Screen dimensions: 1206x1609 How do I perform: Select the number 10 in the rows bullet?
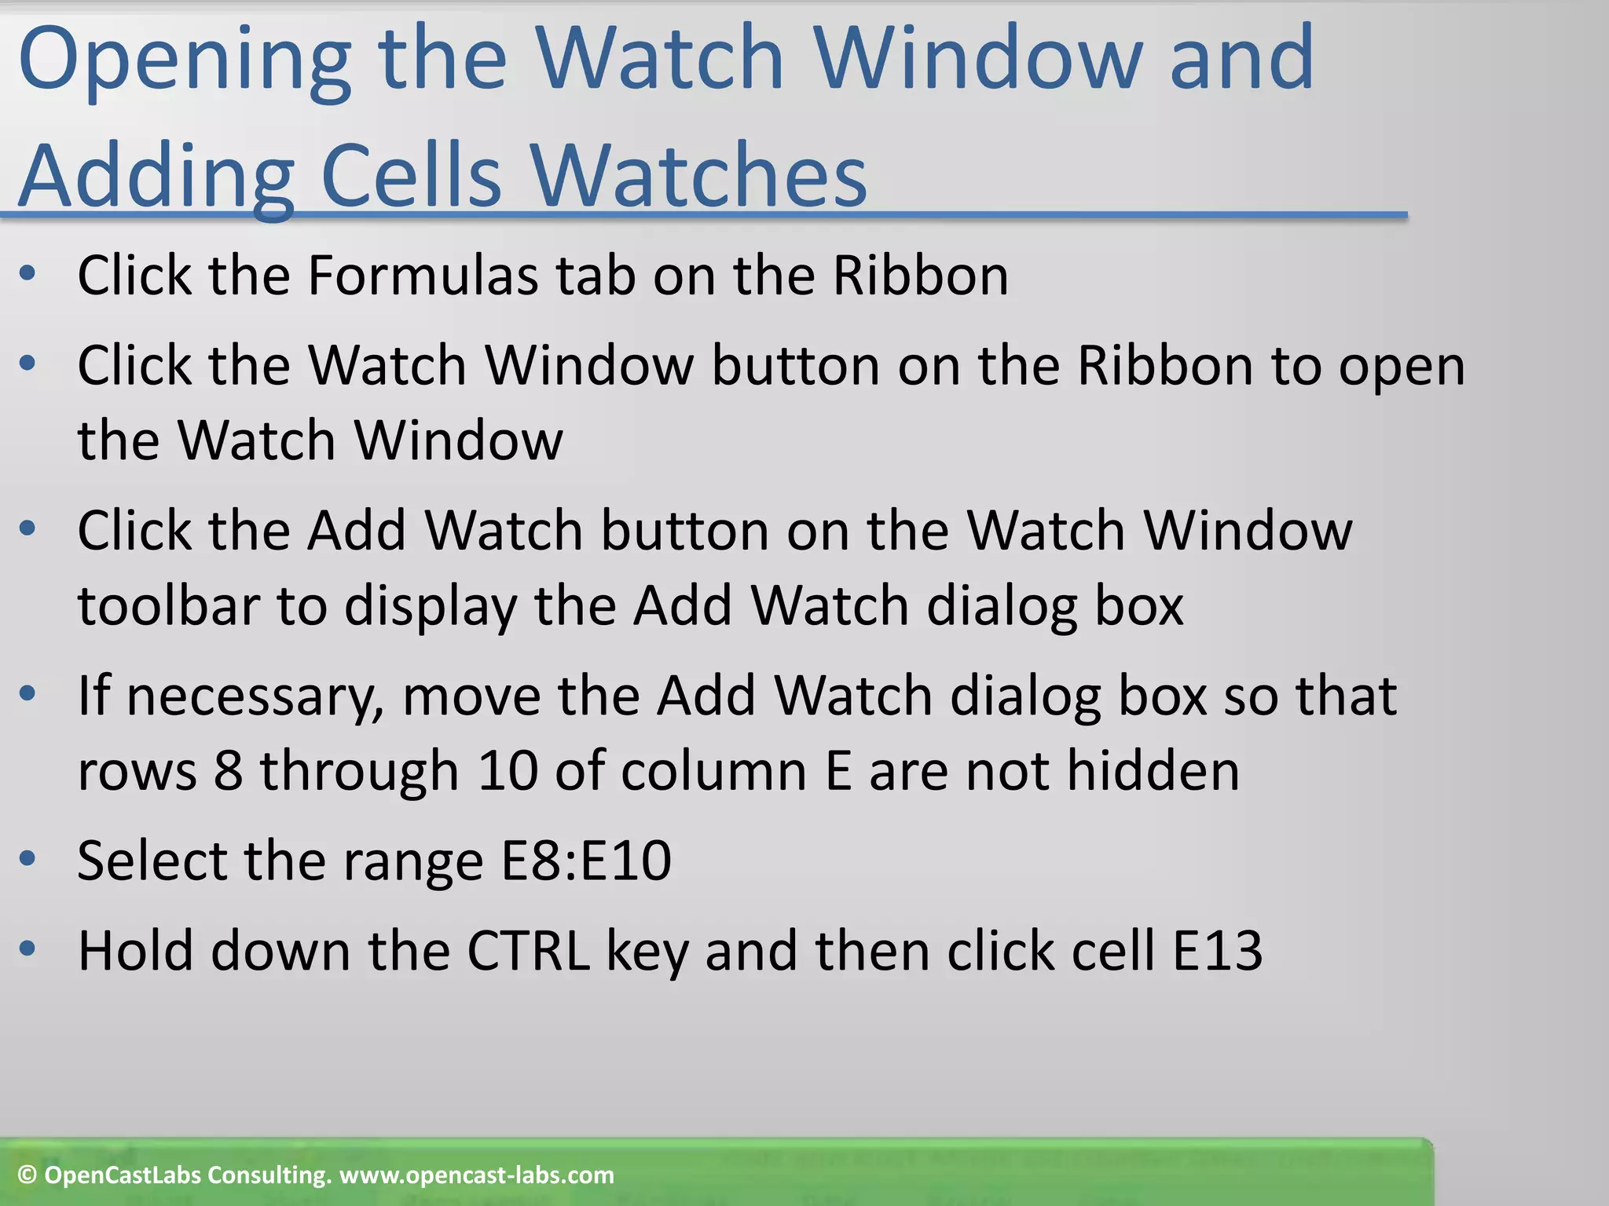click(x=508, y=770)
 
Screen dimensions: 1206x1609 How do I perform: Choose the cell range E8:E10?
click(x=586, y=861)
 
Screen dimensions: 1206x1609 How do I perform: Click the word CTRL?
click(x=528, y=951)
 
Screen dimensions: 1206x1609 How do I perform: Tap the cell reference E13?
click(x=1217, y=951)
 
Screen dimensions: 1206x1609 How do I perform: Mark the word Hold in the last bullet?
click(x=135, y=951)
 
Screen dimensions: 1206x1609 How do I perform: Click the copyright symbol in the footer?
click(x=27, y=1175)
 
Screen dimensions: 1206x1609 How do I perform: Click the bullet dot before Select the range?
click(x=27, y=859)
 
